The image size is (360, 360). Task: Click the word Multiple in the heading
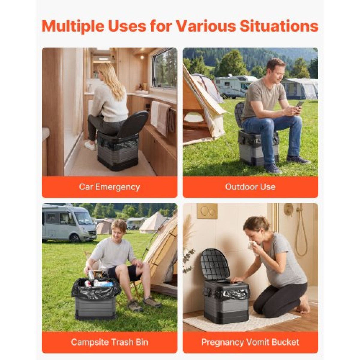pyautogui.click(x=73, y=26)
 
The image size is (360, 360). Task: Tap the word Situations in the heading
pyautogui.click(x=279, y=26)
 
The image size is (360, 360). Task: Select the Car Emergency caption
pyautogui.click(x=109, y=187)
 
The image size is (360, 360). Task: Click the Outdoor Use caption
pyautogui.click(x=250, y=187)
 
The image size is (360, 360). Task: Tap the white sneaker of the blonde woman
pyautogui.click(x=90, y=145)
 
